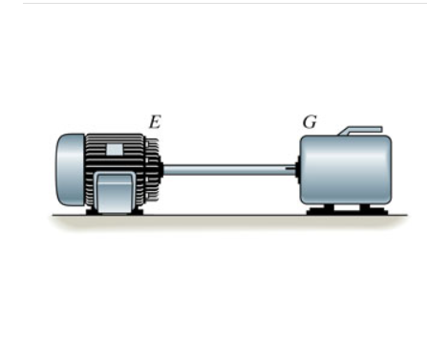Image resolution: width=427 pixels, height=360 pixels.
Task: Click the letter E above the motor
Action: pyautogui.click(x=155, y=122)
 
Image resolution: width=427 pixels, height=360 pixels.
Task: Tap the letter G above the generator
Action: pyautogui.click(x=310, y=121)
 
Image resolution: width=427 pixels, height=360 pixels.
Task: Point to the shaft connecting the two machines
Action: pyautogui.click(x=229, y=169)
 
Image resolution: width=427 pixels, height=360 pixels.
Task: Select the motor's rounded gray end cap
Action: pyautogui.click(x=71, y=169)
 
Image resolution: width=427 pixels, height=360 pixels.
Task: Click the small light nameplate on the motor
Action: pyautogui.click(x=114, y=149)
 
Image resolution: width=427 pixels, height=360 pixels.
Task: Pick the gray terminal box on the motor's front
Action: pyautogui.click(x=115, y=192)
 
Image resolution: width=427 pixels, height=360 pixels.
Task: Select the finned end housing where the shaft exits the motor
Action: pyautogui.click(x=152, y=170)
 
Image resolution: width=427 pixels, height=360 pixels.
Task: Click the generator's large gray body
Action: pyautogui.click(x=346, y=170)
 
